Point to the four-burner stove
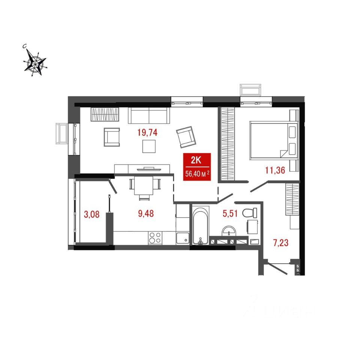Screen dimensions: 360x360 (x=155, y=238)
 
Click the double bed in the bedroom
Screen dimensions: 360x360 (x=273, y=139)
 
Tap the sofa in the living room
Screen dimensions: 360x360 (x=149, y=115)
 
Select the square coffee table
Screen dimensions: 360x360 (x=149, y=146)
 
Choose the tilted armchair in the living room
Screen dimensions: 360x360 (x=186, y=137)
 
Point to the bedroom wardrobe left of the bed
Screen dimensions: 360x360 (x=227, y=144)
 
